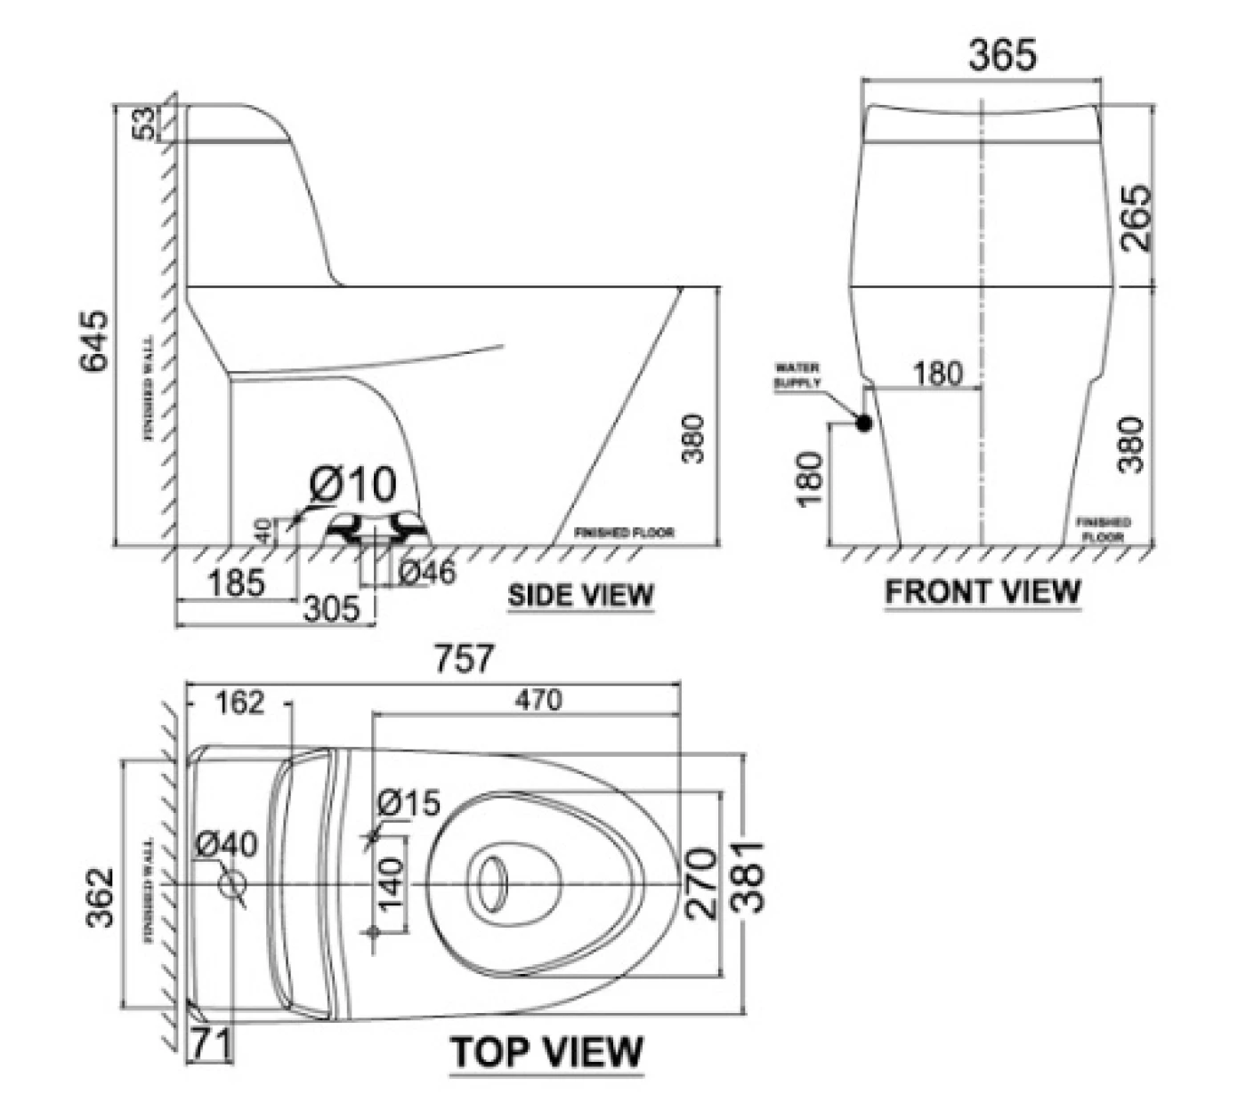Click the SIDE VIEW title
580,595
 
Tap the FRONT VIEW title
983,591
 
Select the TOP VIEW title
546,1052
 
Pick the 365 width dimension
1002,56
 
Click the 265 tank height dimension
1136,218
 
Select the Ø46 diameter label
427,573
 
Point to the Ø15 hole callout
409,803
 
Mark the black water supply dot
862,423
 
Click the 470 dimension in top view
538,701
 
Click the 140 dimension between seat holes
392,885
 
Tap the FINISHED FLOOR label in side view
624,533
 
